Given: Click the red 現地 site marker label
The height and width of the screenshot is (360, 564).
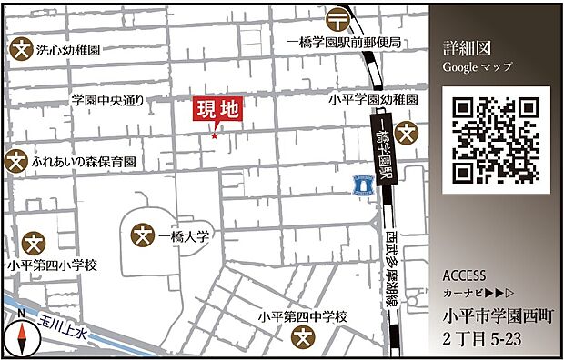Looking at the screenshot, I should [218, 111].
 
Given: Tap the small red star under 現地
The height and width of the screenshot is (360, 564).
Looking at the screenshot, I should [215, 136].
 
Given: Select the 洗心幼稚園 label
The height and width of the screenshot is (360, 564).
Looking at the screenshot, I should [68, 52].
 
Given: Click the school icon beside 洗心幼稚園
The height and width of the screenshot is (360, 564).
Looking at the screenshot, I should [20, 51].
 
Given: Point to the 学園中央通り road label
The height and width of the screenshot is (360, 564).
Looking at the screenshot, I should [107, 99].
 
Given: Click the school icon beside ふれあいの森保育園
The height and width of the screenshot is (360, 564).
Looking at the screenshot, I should [16, 161].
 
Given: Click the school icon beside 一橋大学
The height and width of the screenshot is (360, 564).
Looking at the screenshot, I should [143, 236].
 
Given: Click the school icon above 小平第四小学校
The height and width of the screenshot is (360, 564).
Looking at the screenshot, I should [35, 244].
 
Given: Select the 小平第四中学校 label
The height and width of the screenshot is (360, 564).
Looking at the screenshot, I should [304, 316].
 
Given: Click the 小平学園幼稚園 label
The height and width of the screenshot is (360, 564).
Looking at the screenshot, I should [374, 99].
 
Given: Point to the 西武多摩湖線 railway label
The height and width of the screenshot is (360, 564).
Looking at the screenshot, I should [392, 269].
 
